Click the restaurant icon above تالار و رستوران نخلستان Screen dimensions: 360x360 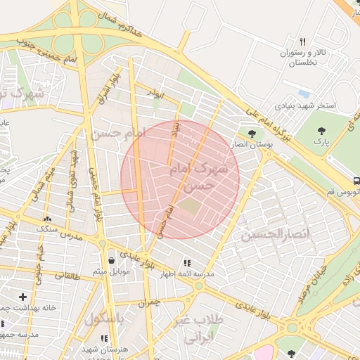[303, 41]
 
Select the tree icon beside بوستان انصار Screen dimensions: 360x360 [252, 131]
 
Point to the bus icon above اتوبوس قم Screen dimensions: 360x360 [356, 179]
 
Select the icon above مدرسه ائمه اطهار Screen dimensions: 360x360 [186, 262]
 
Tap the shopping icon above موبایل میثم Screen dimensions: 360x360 [111, 260]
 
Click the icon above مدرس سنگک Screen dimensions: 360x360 [47, 219]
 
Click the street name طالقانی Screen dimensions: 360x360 [67, 277]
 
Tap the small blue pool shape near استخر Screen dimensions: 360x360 [304, 93]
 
